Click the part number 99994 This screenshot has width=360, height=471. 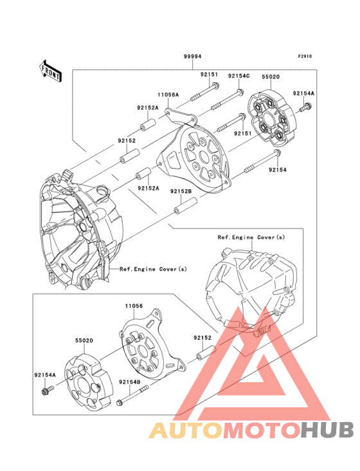pos(191,57)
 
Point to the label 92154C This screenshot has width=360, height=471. pos(239,75)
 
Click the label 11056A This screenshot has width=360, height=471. pos(168,95)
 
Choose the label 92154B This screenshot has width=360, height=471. pos(130,382)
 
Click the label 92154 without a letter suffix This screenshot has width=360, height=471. pos(277,170)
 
